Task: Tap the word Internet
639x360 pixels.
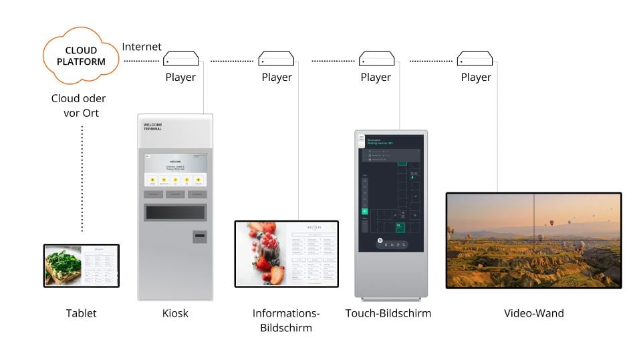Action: pos(142,47)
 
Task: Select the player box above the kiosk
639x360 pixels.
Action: pos(181,59)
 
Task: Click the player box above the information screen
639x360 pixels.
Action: pos(277,59)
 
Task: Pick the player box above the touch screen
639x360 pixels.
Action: pos(376,59)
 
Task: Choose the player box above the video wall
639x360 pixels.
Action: pos(475,59)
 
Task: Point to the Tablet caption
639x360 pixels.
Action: pos(81,313)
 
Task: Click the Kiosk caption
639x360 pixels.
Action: pos(175,313)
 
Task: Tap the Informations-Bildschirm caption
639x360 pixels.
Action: pos(286,321)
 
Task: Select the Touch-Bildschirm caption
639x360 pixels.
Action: pos(388,313)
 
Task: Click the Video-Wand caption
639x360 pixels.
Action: pos(533,313)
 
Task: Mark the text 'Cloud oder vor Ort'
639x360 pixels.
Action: pos(79,106)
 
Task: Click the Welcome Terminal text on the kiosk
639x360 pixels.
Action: pos(153,127)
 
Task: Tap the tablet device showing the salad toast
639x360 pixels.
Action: pos(82,265)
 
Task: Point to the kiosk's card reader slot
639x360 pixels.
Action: pos(199,236)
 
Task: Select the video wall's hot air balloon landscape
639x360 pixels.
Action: pos(533,240)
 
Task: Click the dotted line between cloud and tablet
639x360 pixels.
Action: pos(82,180)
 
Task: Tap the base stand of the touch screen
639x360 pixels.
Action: pos(391,297)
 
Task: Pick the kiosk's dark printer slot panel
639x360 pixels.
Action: pos(175,212)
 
